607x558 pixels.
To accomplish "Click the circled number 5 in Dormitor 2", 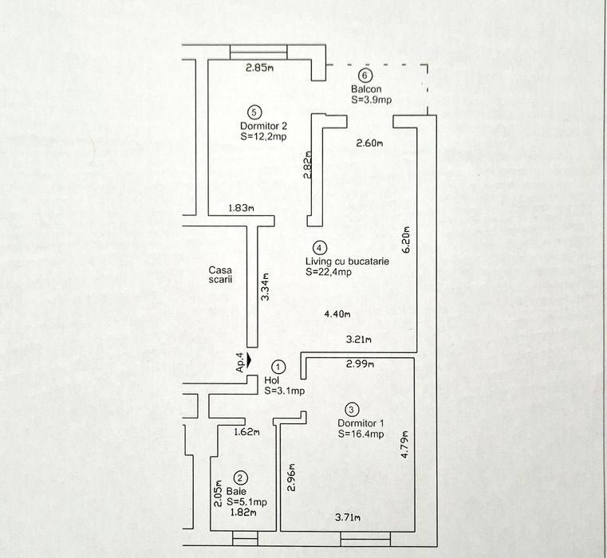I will pyautogui.click(x=254, y=112).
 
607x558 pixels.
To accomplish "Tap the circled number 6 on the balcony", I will pyautogui.click(x=365, y=76).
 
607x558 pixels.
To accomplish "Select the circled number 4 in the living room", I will pyautogui.click(x=319, y=248).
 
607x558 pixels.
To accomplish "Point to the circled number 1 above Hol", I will pyautogui.click(x=278, y=367).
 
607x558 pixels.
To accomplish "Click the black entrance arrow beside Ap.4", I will pyautogui.click(x=250, y=361).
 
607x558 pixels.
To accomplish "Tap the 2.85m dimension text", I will pyautogui.click(x=259, y=68).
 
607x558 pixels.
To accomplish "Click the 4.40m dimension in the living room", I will pyautogui.click(x=338, y=314).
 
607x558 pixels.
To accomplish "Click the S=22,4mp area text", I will pyautogui.click(x=329, y=272).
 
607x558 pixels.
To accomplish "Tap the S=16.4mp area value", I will pyautogui.click(x=361, y=434).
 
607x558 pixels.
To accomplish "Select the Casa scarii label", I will pyautogui.click(x=221, y=275).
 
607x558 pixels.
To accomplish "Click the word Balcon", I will pyautogui.click(x=365, y=89).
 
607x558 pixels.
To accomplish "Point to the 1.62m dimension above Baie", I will pyautogui.click(x=248, y=433).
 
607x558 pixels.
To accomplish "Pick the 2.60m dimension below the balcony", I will pyautogui.click(x=369, y=143).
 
